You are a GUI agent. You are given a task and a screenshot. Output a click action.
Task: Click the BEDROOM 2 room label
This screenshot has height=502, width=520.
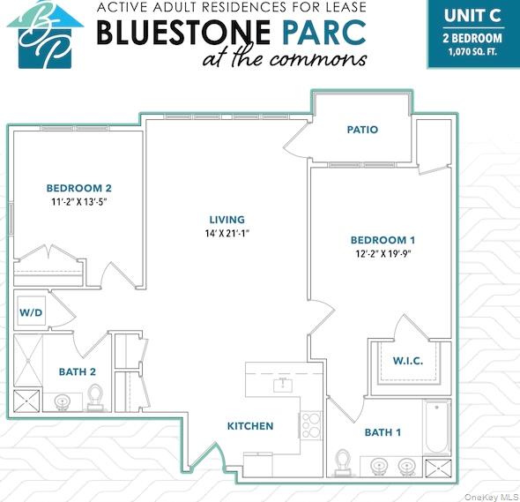tap(78, 188)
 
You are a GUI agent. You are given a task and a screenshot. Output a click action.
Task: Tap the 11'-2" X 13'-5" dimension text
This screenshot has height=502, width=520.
tap(79, 202)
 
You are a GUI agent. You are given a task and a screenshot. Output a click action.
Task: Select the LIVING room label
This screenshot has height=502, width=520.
tap(227, 220)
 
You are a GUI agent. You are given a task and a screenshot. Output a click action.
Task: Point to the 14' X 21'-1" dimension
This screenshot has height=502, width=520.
tap(227, 234)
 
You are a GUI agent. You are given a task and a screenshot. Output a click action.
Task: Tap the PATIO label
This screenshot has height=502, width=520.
tap(362, 130)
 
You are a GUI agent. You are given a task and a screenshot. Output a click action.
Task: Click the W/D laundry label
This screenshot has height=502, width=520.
tap(31, 313)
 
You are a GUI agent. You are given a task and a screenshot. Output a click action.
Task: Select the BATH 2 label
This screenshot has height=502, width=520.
tap(78, 371)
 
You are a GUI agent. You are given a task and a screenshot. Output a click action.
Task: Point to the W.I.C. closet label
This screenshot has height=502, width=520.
tap(406, 360)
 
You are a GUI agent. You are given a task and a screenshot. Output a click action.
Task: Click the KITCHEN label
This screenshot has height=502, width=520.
tap(250, 426)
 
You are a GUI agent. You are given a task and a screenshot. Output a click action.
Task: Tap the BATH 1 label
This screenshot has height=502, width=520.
tap(383, 432)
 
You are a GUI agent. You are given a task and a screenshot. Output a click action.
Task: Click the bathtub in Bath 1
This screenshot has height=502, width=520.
tap(436, 429)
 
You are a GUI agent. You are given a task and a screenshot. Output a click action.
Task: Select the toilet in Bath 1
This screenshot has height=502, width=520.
tap(345, 462)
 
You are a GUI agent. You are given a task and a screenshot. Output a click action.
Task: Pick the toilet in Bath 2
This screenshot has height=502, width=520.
tap(97, 396)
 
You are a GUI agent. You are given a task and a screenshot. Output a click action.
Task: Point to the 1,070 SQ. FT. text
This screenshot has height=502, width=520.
tap(472, 51)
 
